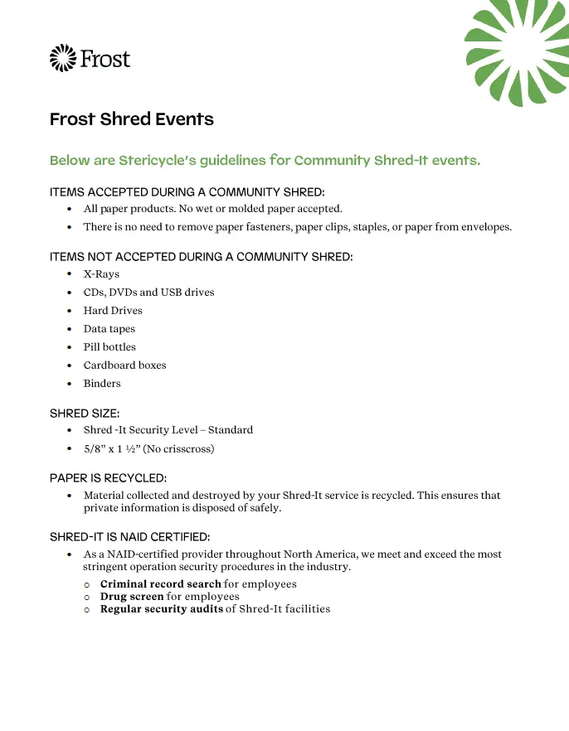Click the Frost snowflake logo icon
[x=62, y=58]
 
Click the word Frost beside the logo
[x=105, y=59]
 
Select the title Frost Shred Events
[x=132, y=119]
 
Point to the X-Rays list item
[x=101, y=274]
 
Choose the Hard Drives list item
[x=113, y=311]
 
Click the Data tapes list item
[x=109, y=329]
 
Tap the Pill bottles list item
[x=109, y=347]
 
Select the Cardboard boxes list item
[x=124, y=365]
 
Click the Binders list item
[x=102, y=384]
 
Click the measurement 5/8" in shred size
[x=95, y=449]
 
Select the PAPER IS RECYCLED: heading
[x=108, y=478]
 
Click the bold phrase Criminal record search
[x=160, y=584]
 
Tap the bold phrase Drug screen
[x=132, y=597]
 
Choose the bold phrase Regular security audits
[x=162, y=609]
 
